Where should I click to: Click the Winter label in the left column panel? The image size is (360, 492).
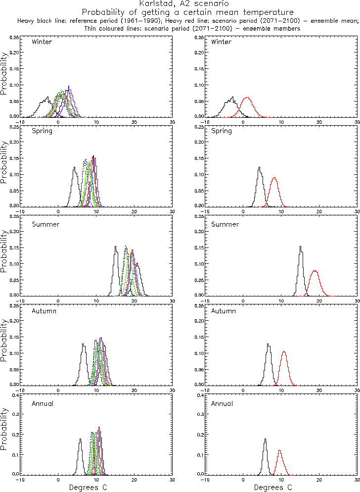tap(42, 42)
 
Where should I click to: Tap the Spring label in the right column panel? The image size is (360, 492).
tap(221, 131)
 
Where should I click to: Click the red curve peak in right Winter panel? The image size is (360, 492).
tap(247, 98)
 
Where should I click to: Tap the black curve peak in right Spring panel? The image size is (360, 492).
tap(260, 167)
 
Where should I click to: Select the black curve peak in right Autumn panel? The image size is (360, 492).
tap(268, 344)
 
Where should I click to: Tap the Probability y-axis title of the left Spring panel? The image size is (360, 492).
tap(4, 163)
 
